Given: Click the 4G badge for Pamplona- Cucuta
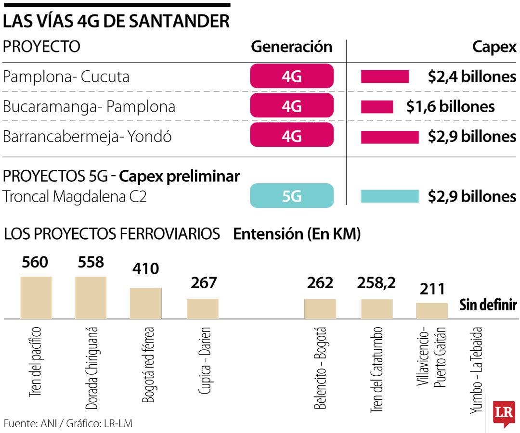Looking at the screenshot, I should (x=292, y=76).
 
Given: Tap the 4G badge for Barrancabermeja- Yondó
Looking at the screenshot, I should (x=292, y=136).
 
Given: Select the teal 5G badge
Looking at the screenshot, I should (x=292, y=196).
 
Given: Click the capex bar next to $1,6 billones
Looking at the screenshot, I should (x=377, y=106).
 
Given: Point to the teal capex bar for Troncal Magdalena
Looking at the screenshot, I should (x=390, y=196).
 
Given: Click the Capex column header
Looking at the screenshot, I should (x=494, y=47).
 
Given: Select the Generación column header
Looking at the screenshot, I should (x=292, y=47).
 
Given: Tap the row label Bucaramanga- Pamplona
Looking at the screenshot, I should (x=89, y=106).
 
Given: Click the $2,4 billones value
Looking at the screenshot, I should (x=472, y=76).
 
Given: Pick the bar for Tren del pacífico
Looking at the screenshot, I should (x=36, y=297).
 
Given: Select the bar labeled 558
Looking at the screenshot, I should (x=91, y=297).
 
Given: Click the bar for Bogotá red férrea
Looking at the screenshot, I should (x=145, y=303).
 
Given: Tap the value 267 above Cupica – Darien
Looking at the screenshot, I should (x=204, y=282).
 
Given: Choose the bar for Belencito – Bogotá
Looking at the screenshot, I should (x=320, y=308).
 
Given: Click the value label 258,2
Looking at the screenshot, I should (x=377, y=283).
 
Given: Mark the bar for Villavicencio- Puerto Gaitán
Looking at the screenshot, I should (x=432, y=310).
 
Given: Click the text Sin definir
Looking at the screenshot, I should (x=488, y=305).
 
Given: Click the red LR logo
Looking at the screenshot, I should (x=504, y=413).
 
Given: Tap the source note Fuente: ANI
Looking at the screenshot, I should (x=67, y=423).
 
